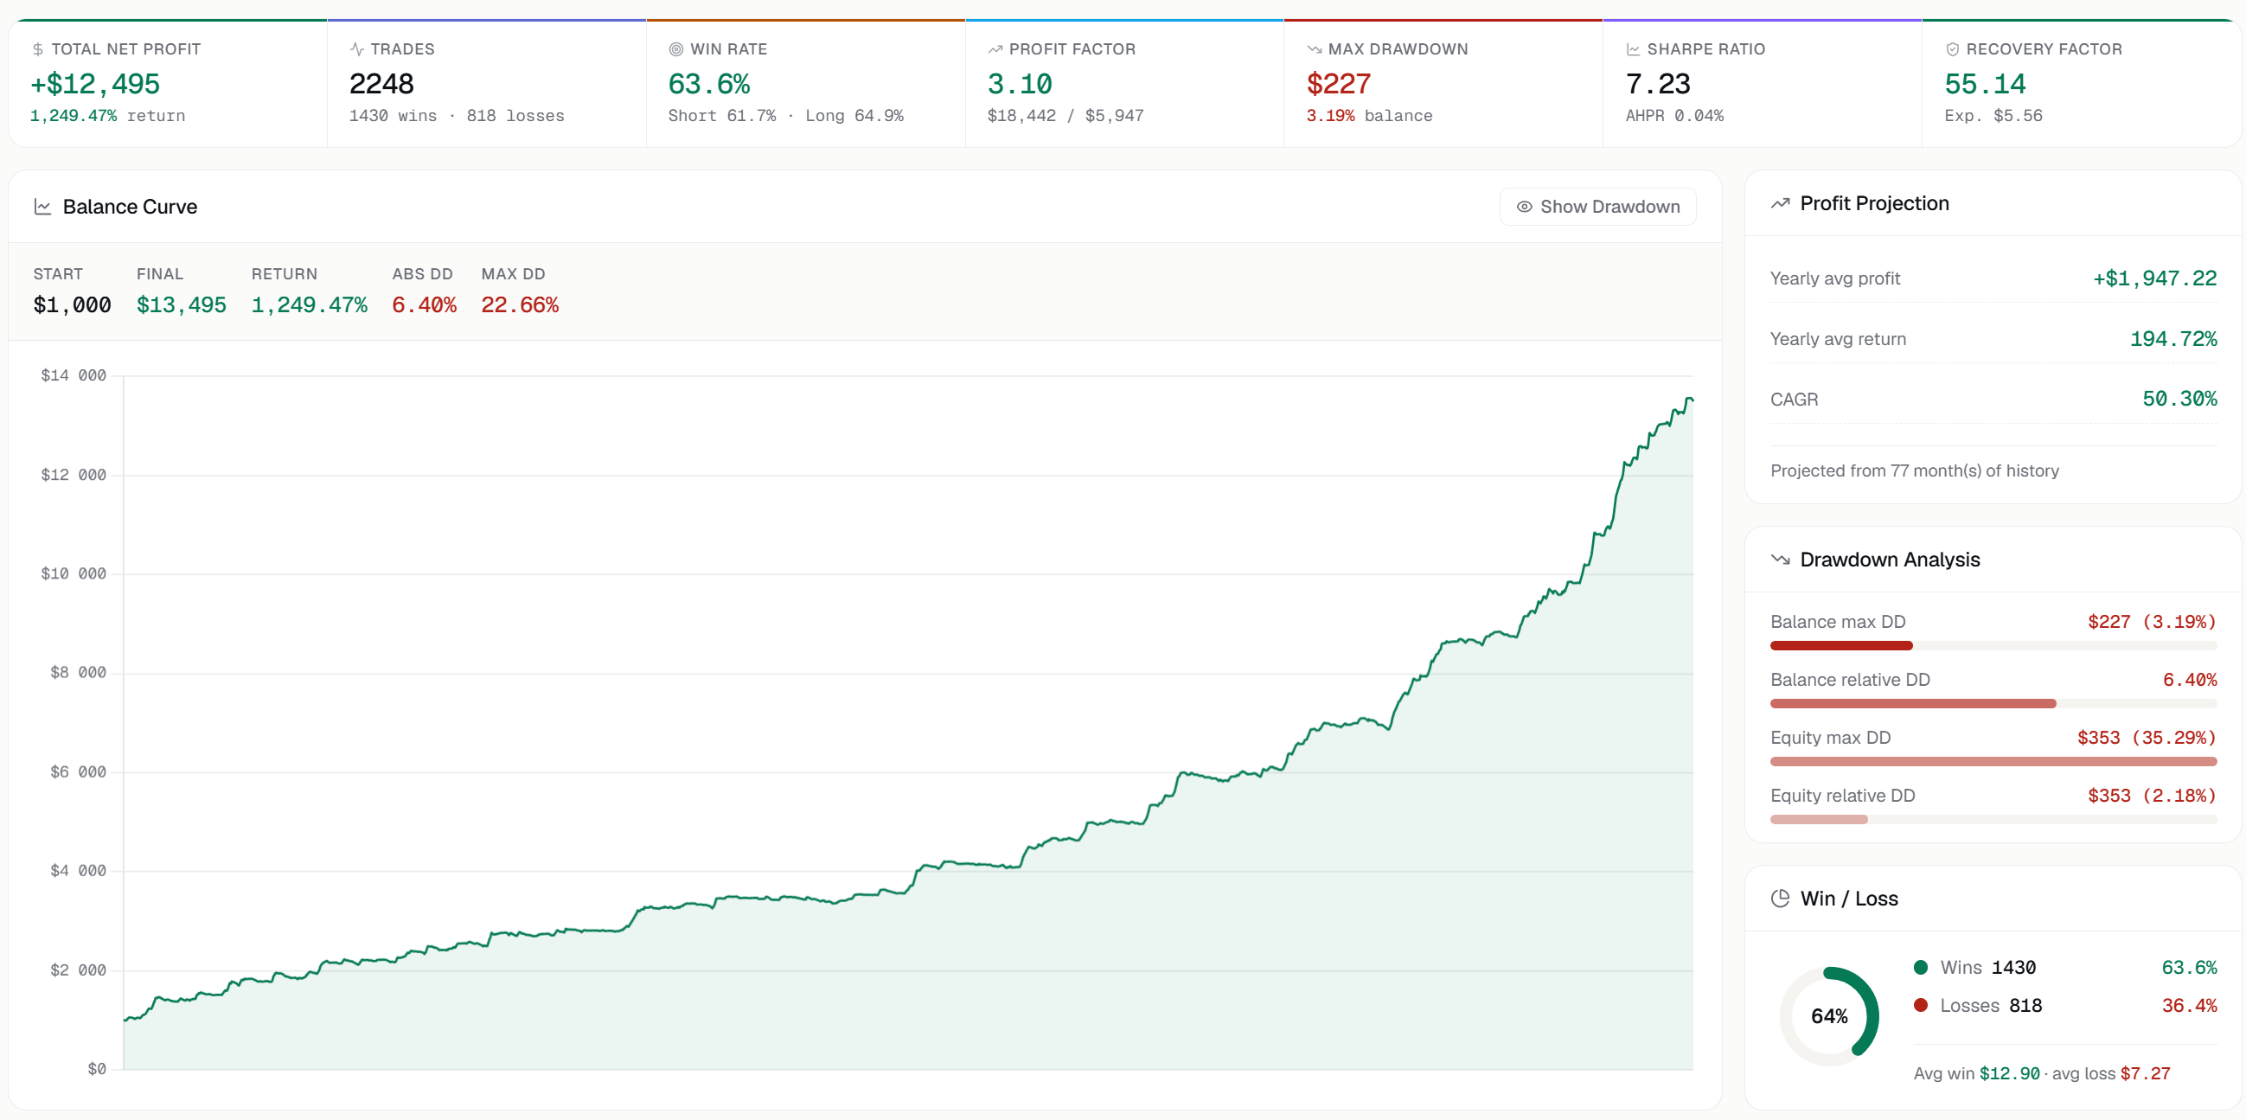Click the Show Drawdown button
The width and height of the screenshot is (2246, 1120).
[x=1597, y=207]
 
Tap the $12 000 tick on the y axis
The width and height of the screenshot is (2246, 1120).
[x=74, y=475]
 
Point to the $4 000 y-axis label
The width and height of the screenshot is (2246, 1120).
[x=79, y=871]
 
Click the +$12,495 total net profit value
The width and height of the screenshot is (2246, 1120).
[x=95, y=84]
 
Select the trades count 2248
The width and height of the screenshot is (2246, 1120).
[x=381, y=84]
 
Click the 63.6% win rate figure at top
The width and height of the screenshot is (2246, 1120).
[x=709, y=84]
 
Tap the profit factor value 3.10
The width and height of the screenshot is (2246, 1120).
[x=1020, y=84]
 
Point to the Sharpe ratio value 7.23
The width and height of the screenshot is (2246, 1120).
[x=1657, y=84]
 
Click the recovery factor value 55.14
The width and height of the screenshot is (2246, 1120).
[x=1985, y=84]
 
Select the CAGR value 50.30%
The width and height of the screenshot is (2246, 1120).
[x=2179, y=400]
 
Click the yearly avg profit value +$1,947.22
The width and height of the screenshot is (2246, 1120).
[x=2154, y=278]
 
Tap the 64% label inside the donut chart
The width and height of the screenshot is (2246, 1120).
[x=1829, y=1016]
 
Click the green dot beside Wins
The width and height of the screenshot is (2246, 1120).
[x=1921, y=967]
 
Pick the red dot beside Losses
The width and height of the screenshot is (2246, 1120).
[x=1921, y=1005]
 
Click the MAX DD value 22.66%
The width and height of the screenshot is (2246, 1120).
[x=520, y=305]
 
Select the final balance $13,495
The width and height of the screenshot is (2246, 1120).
[x=182, y=305]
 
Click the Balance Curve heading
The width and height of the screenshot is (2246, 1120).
[x=130, y=207]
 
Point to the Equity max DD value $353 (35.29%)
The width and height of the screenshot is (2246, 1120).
[x=2147, y=738]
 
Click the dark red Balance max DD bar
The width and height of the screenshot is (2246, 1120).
[x=1841, y=646]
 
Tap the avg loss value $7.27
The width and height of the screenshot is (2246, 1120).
[x=2145, y=1073]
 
